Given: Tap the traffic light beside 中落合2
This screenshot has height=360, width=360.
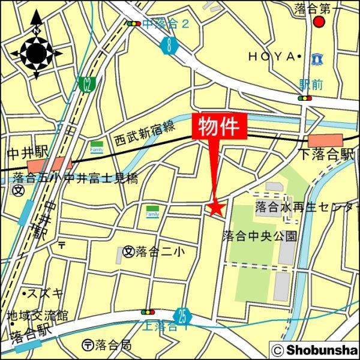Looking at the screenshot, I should click(x=133, y=25).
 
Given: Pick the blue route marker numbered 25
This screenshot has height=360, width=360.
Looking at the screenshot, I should click(x=182, y=315).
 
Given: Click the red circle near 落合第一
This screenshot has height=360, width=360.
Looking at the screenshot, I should click(x=319, y=23).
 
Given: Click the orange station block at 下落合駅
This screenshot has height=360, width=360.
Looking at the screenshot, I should click(x=324, y=142).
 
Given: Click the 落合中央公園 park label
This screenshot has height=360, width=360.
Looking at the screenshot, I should click(x=259, y=235).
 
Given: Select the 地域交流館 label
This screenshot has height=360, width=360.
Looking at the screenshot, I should click(x=37, y=314).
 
